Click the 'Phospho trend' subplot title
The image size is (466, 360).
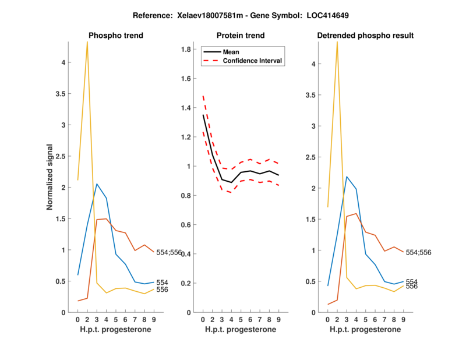click(x=115, y=36)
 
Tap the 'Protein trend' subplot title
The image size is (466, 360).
click(x=240, y=36)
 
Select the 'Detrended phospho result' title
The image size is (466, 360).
click(x=365, y=36)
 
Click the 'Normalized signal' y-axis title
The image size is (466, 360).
click(x=52, y=177)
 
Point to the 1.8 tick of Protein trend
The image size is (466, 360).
click(x=188, y=50)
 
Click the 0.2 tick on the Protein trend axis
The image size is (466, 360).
click(x=188, y=283)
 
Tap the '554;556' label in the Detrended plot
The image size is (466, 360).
click(x=419, y=252)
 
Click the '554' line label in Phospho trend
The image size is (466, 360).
click(x=162, y=283)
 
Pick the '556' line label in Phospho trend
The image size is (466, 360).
click(x=162, y=290)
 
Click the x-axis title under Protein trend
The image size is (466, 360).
click(x=240, y=329)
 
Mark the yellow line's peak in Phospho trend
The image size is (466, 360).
click(x=87, y=43)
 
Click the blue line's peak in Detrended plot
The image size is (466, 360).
click(x=347, y=177)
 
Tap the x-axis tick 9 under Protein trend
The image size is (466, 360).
click(x=278, y=319)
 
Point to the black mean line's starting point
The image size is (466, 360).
click(x=203, y=115)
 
